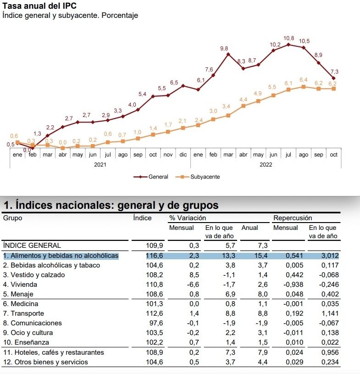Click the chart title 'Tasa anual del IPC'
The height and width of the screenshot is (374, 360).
pos(39,6)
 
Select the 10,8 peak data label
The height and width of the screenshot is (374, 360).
pos(289,38)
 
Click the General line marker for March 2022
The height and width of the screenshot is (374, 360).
pos(228,55)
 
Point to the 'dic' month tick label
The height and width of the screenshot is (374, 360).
pos(183,155)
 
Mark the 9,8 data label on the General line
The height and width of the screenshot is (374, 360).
pos(224,48)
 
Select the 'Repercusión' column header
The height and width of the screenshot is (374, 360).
pos(293,218)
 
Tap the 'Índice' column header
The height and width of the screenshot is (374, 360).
pos(142,218)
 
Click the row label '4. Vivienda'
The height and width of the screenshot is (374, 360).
pos(21,285)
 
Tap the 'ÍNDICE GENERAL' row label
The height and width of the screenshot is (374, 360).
pos(32,246)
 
